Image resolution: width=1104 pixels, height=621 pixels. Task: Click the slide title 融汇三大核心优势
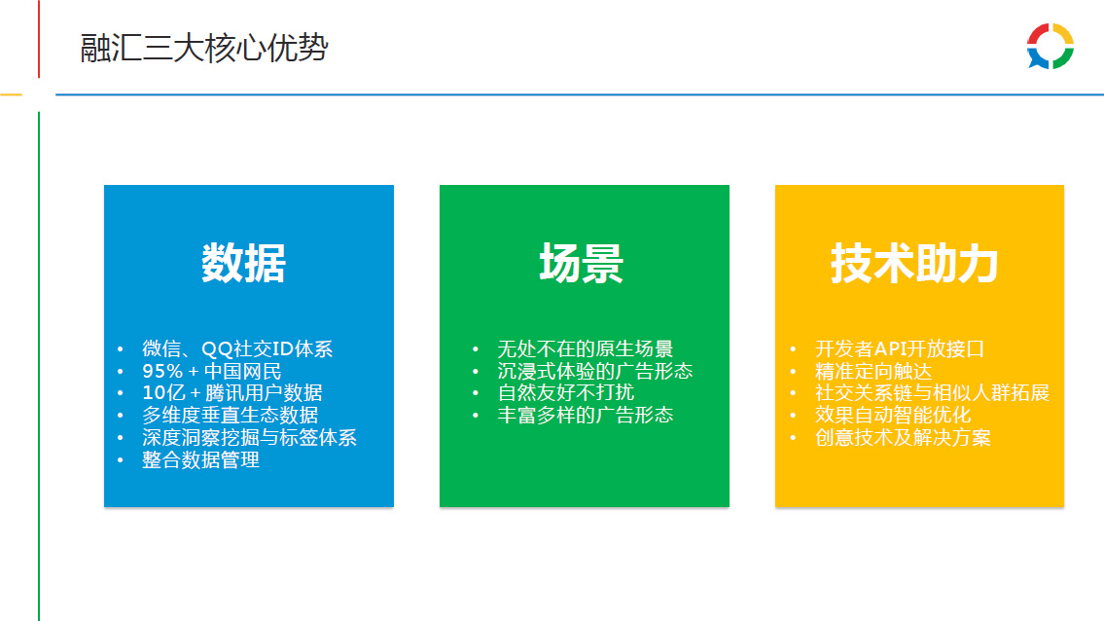204,48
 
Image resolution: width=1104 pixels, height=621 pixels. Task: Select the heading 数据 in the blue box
243,263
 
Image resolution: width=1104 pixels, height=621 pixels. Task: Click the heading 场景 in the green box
582,263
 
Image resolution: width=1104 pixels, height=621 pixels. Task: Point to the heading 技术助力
914,263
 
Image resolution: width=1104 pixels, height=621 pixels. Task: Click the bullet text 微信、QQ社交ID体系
237,348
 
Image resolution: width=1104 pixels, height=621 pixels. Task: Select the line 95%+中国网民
212,372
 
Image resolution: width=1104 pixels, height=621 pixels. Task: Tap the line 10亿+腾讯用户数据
232,392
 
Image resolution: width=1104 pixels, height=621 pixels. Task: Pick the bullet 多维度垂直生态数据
231,416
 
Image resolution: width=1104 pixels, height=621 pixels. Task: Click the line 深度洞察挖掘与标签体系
249,438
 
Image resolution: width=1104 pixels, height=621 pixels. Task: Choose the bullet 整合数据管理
200,459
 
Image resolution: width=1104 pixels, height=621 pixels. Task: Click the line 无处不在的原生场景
586,348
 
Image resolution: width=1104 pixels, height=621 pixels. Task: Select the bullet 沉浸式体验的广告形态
595,372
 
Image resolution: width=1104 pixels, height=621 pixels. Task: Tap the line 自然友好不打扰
565,392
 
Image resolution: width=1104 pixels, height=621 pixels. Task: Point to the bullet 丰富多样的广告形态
586,416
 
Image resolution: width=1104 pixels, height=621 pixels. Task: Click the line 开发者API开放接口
900,348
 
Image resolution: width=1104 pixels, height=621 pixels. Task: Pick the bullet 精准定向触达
873,372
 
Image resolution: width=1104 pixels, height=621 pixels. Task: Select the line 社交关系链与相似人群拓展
932,392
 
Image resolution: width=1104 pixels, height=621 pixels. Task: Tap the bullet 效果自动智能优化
893,416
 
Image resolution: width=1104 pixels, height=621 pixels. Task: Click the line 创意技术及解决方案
903,438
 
